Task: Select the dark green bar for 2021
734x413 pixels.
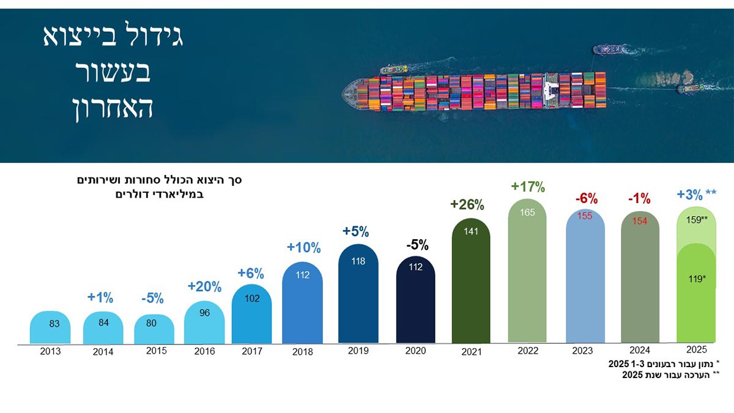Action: point(471,288)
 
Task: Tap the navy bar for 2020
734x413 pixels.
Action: point(416,303)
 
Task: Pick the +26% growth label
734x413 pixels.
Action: point(468,204)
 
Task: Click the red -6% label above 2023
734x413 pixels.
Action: point(586,198)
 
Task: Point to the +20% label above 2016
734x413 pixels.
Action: point(204,286)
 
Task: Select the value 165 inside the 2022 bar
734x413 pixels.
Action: point(527,213)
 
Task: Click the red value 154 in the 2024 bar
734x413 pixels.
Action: point(640,221)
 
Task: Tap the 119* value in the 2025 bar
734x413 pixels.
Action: point(696,278)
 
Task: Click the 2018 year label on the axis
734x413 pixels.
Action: point(302,352)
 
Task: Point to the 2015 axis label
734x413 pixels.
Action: point(156,351)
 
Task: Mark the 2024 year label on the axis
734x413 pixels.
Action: point(640,351)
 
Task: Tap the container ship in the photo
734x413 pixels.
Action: point(474,92)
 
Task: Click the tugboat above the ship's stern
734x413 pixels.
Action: point(609,49)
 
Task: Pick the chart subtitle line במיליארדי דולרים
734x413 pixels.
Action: point(160,195)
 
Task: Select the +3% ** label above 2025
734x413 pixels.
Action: point(696,195)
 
